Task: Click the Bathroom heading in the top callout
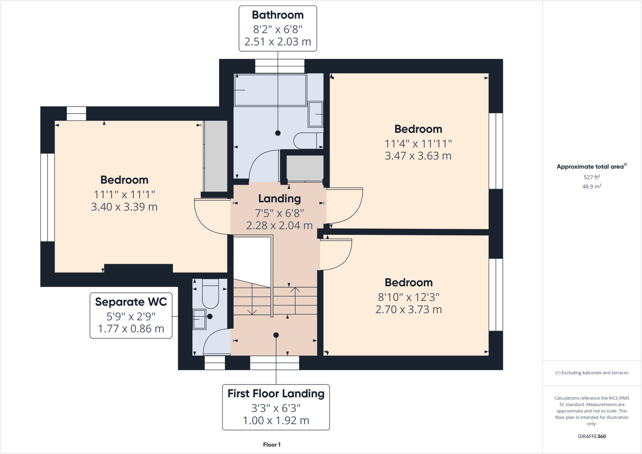[278, 15]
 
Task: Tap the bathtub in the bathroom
[270, 90]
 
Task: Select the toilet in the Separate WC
[210, 295]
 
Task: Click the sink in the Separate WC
[199, 319]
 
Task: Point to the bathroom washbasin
[315, 114]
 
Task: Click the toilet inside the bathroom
[308, 141]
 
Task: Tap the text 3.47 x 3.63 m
[418, 156]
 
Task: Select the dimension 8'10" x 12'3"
[408, 297]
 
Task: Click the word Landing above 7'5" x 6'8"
[279, 199]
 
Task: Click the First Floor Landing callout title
[276, 394]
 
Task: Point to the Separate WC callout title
[131, 302]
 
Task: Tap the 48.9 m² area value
[592, 186]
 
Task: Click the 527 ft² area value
[592, 177]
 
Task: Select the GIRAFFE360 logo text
[592, 436]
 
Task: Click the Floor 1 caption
[272, 445]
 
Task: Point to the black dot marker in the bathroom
[278, 133]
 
